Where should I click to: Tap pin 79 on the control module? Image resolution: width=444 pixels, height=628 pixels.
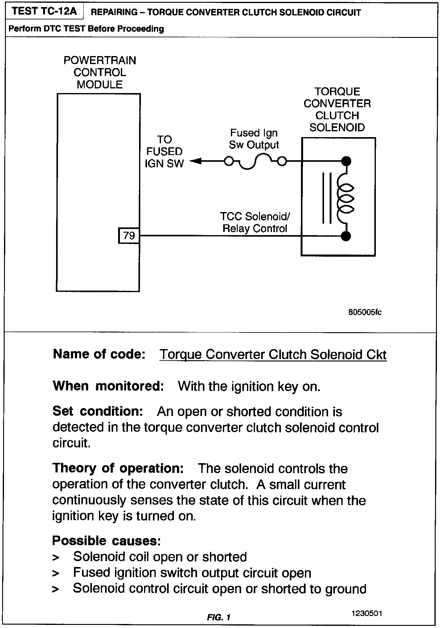[129, 236]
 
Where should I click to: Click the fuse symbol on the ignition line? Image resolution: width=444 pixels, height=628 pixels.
[255, 162]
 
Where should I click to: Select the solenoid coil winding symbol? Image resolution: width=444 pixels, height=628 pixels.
[344, 198]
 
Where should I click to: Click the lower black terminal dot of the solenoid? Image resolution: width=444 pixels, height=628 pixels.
[346, 236]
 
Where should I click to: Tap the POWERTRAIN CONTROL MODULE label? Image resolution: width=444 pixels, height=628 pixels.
[100, 72]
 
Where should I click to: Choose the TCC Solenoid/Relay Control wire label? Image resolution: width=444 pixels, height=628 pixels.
[255, 222]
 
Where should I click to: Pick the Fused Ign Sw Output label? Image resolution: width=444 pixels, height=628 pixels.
[254, 139]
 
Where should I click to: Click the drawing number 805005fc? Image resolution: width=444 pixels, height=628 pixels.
[365, 312]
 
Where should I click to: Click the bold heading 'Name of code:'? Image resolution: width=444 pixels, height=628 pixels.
[99, 354]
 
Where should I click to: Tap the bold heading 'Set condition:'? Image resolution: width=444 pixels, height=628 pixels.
[97, 411]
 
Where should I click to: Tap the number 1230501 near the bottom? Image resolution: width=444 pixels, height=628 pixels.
[367, 613]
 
